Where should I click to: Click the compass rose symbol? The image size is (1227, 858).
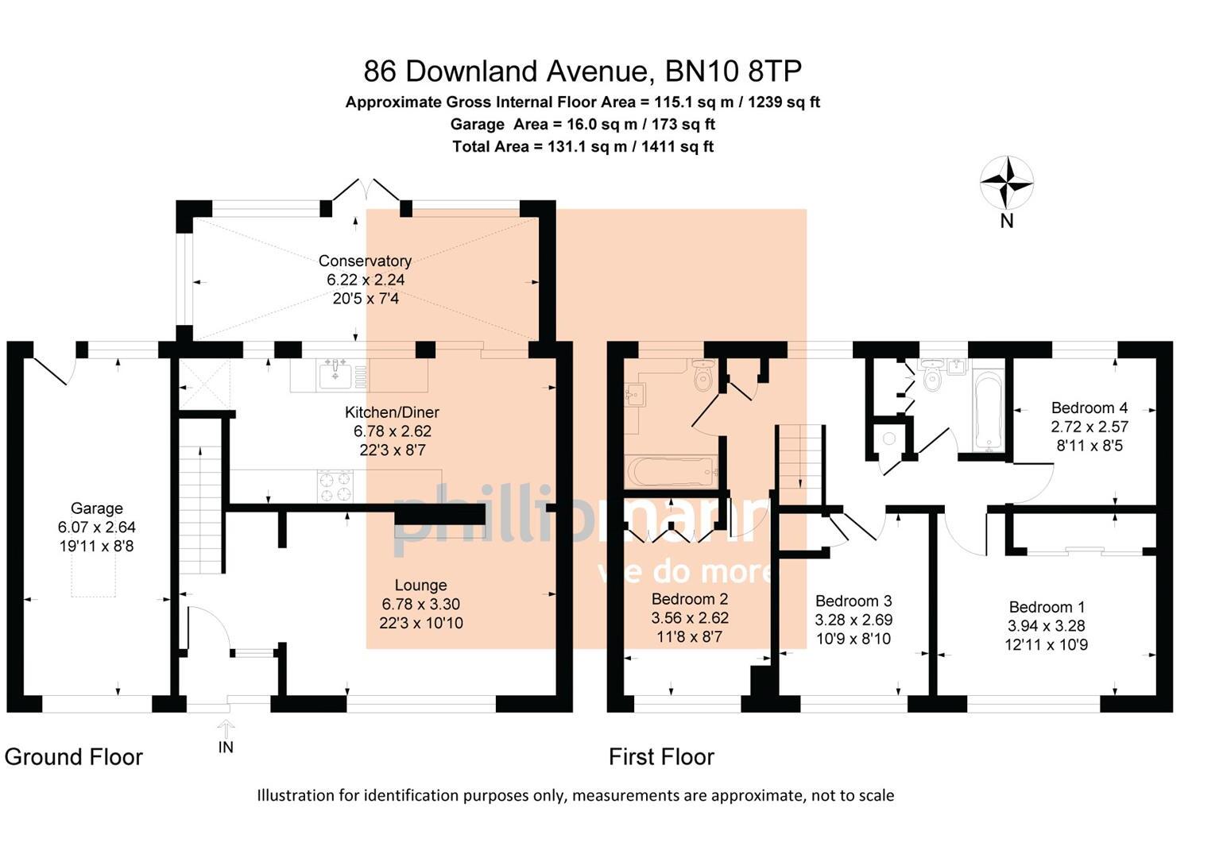coord(1006,182)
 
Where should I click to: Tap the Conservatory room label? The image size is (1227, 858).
coord(365,261)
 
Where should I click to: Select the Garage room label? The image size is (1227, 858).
coord(97,508)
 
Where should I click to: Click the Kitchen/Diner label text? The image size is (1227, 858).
coord(392,412)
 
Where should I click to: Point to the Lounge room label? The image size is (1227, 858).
coord(420,586)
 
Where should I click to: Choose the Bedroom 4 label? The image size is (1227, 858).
coord(1089,408)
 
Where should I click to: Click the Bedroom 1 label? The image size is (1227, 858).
coord(1046,607)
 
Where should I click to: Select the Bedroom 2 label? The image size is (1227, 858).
coord(689,599)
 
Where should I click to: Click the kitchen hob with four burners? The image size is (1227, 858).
coord(335,486)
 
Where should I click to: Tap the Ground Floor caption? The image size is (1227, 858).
coord(74,757)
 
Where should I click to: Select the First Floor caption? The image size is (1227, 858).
coord(661,757)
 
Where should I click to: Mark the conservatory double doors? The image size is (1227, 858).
coord(365,191)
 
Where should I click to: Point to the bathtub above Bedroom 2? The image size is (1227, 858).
coord(672,471)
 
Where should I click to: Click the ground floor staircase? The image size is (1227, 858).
coord(199,508)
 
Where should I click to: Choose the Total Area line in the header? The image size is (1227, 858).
coord(583,146)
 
